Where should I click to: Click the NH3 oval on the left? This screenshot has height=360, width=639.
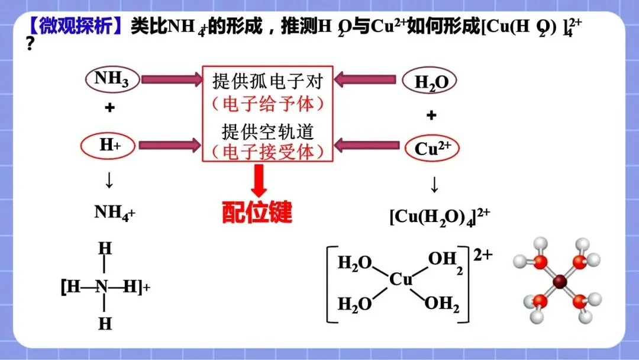pos(112,79)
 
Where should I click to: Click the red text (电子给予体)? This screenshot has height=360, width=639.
pos(268,104)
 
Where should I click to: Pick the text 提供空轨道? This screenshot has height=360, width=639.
pos(268,130)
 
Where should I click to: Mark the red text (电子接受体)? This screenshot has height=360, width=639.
pos(268,152)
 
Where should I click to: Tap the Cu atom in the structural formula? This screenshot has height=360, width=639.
pos(401,279)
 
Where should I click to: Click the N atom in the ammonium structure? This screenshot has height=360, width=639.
pos(102,287)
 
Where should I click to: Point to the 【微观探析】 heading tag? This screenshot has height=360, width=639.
pos(77,26)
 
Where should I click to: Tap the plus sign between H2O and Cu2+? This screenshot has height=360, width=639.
pos(431,115)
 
